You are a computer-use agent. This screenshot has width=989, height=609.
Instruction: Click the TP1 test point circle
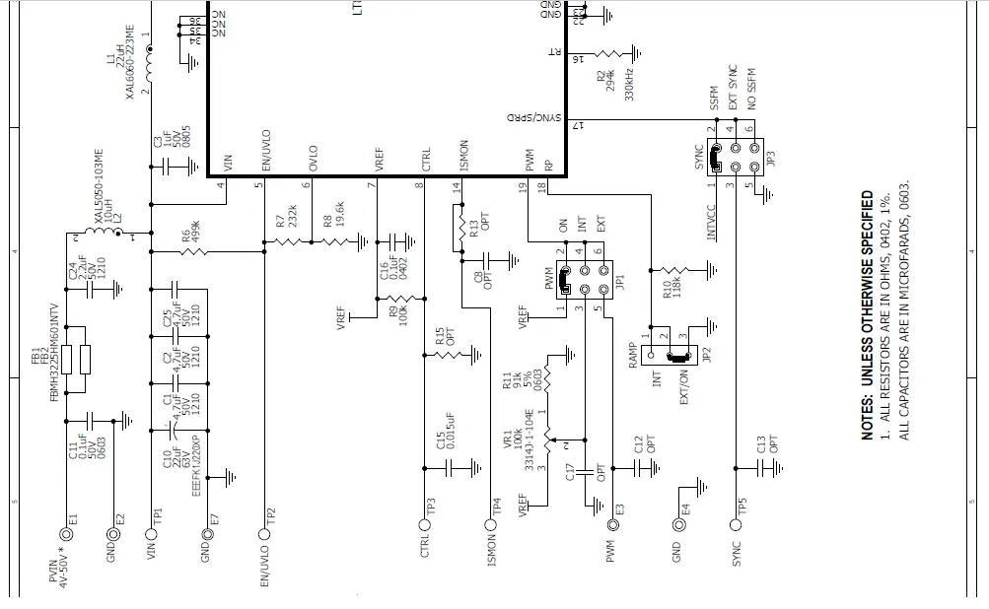152,534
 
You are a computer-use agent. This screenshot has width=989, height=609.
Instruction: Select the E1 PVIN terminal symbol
67,534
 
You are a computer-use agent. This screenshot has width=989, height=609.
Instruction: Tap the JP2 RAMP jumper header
678,355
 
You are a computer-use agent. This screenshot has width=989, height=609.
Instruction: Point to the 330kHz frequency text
628,84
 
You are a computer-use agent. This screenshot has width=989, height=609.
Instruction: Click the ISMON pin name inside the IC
464,158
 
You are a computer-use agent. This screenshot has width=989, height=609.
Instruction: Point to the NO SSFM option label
751,90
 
